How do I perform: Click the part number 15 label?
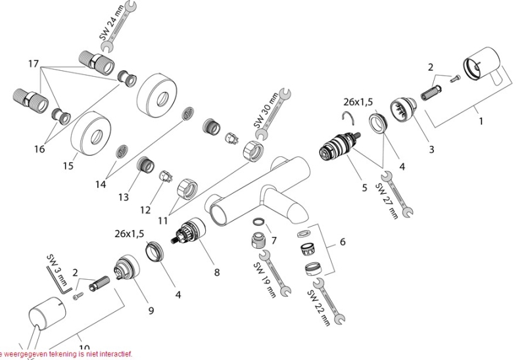(68, 166)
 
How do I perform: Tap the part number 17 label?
(34, 64)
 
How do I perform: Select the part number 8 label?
(216, 271)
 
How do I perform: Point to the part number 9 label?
(151, 310)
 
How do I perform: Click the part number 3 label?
(431, 149)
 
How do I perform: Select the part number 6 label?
(342, 242)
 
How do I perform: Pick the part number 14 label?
(100, 185)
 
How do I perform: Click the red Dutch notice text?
(66, 354)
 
